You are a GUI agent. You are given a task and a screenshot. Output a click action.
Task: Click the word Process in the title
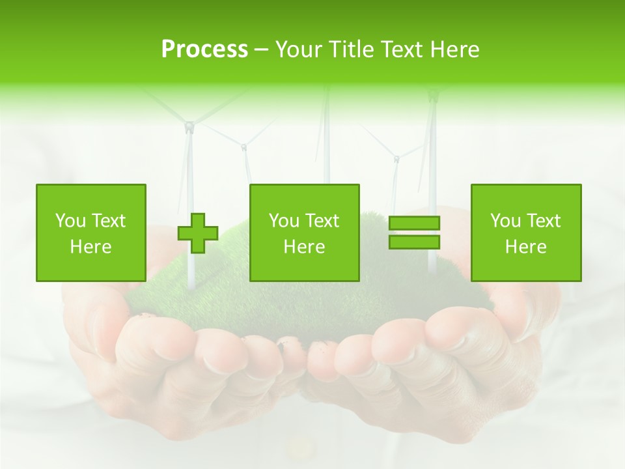point(204,50)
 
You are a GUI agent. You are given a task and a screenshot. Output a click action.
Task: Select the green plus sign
point(198,233)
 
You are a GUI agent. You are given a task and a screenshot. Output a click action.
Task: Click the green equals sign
point(414,233)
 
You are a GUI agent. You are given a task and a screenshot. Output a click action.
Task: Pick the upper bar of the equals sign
point(414,223)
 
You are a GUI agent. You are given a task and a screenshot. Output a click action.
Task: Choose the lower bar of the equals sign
point(414,242)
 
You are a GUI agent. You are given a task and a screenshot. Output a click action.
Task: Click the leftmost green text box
point(91,233)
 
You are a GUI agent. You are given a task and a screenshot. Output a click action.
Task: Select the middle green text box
point(304,233)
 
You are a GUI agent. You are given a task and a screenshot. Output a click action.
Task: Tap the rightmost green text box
point(525,233)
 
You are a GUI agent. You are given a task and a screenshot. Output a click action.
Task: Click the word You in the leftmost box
point(71,221)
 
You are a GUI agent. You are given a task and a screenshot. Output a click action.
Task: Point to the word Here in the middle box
point(304,247)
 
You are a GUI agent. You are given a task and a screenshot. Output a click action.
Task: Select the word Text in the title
point(403,50)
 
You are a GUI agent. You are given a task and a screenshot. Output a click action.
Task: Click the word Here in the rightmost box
point(525,247)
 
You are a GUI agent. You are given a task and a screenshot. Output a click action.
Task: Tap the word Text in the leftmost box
point(109,221)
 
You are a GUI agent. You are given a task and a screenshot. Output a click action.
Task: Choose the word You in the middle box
point(285,221)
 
